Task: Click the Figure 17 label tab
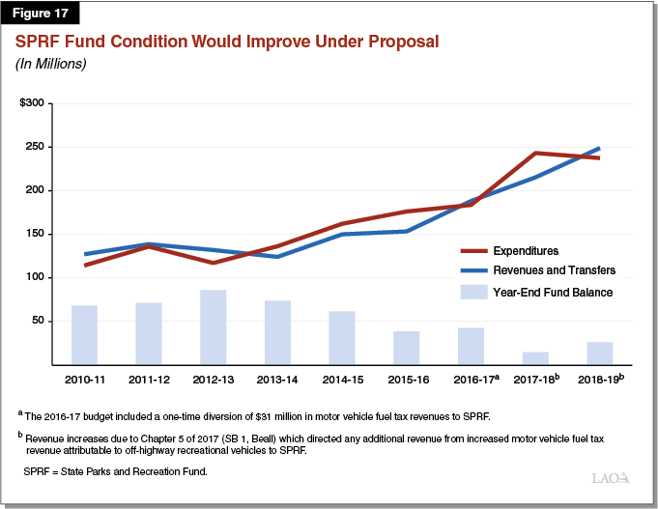point(42,14)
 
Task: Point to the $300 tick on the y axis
point(31,102)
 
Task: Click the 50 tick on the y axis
point(38,321)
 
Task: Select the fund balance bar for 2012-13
point(213,327)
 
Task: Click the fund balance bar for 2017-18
point(535,358)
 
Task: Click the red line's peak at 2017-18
point(535,153)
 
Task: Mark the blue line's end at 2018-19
point(599,149)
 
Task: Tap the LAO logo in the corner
point(611,478)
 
